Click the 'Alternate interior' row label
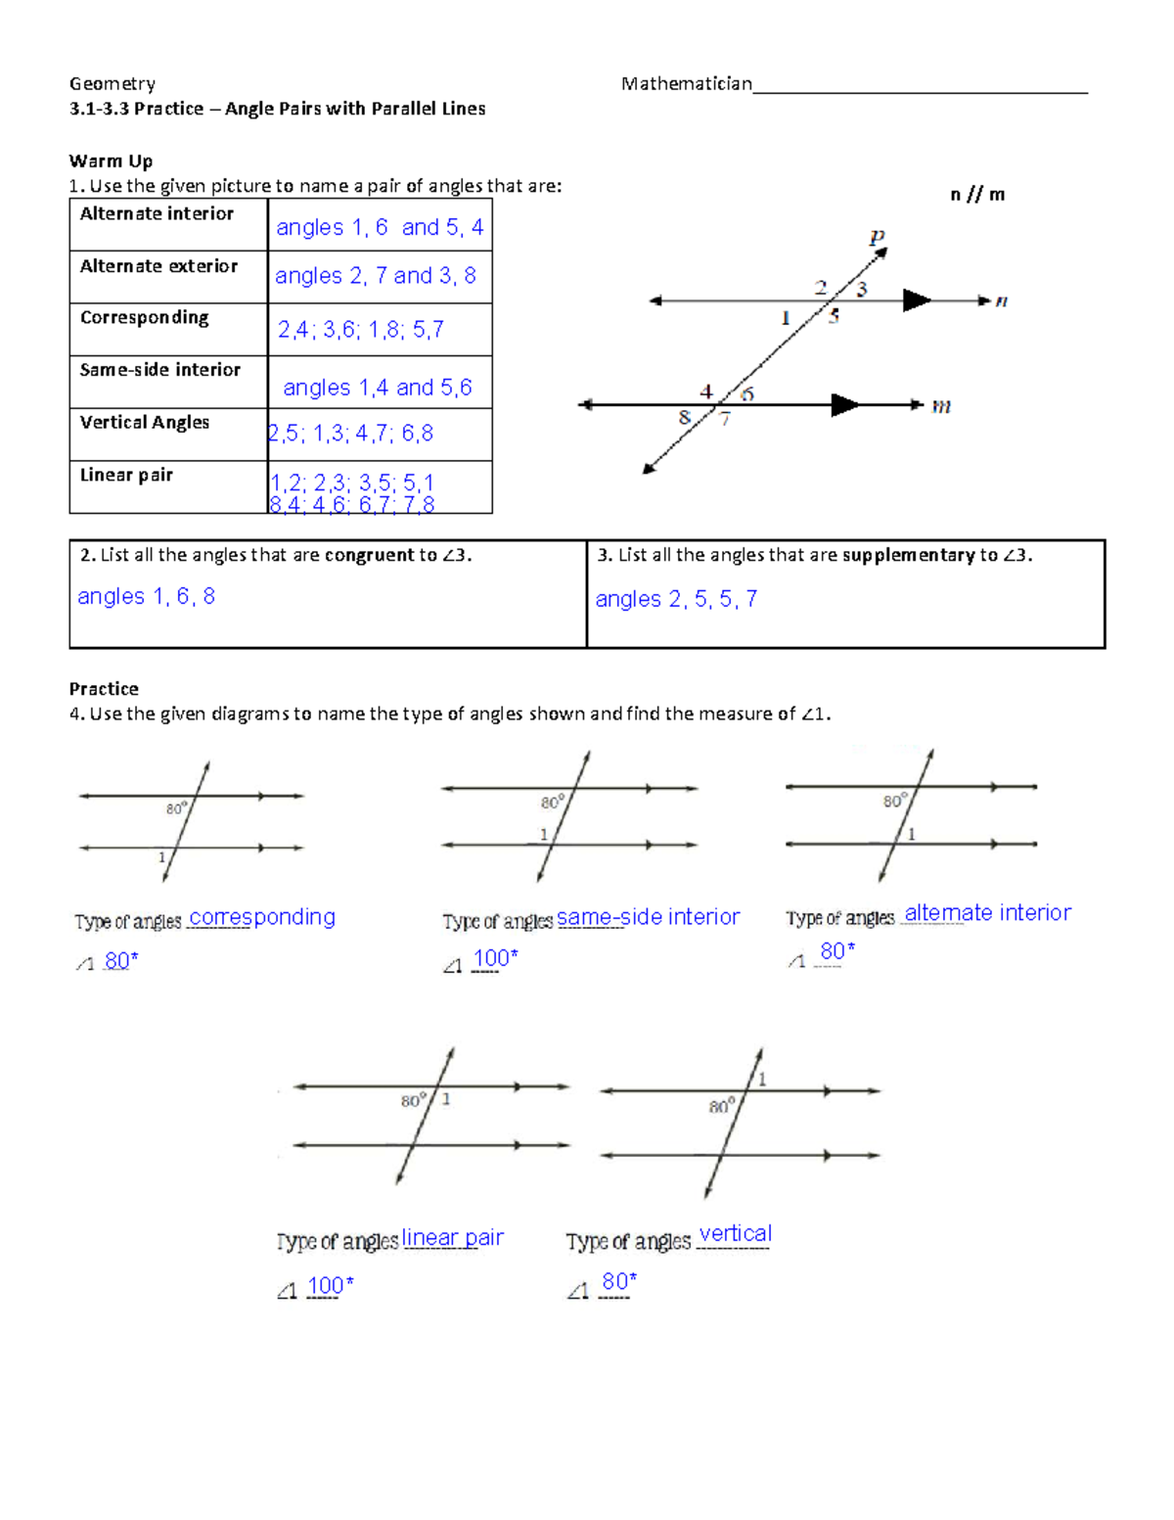[157, 213]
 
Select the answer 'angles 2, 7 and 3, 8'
[375, 276]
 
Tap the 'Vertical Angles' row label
[145, 422]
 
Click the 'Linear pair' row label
[126, 475]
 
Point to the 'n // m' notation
[977, 194]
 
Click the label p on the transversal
[877, 236]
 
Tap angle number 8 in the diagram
[684, 417]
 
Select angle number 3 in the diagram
[862, 289]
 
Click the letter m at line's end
[941, 405]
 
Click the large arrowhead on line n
[916, 300]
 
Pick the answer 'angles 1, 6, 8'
[146, 596]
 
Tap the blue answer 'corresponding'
[262, 917]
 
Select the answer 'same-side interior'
[648, 917]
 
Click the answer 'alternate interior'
[987, 913]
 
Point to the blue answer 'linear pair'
[452, 1237]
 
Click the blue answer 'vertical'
[735, 1233]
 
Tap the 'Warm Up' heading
[111, 161]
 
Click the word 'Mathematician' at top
[686, 83]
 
